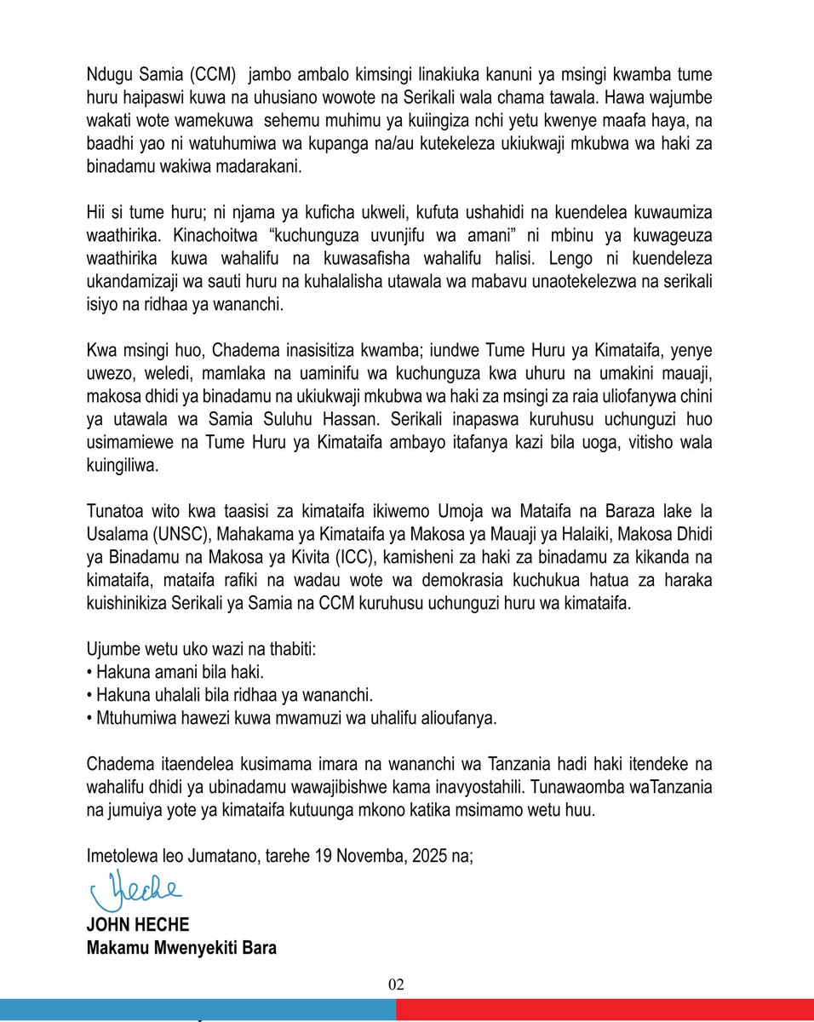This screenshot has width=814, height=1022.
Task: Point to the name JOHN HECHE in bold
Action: coord(137,926)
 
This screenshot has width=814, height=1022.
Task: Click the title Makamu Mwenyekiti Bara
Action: coord(181,946)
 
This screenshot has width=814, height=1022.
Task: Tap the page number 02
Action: coord(396,985)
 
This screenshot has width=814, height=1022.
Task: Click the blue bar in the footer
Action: coord(198,1011)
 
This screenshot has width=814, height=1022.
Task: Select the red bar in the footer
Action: coord(605,1011)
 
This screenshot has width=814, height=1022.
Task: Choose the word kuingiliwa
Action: coord(123,466)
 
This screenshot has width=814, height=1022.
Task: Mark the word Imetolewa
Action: coord(122,854)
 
